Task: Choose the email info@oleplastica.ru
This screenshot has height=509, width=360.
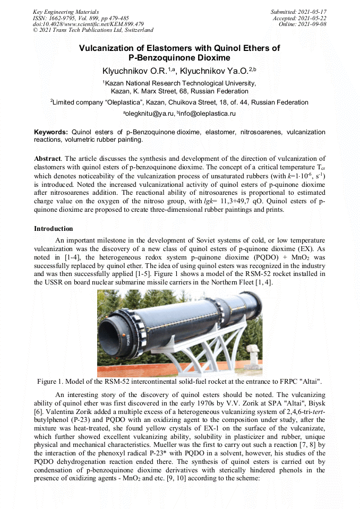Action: point(208,114)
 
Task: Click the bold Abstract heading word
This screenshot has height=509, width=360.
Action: point(47,159)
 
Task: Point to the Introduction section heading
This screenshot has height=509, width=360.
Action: point(54,229)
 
